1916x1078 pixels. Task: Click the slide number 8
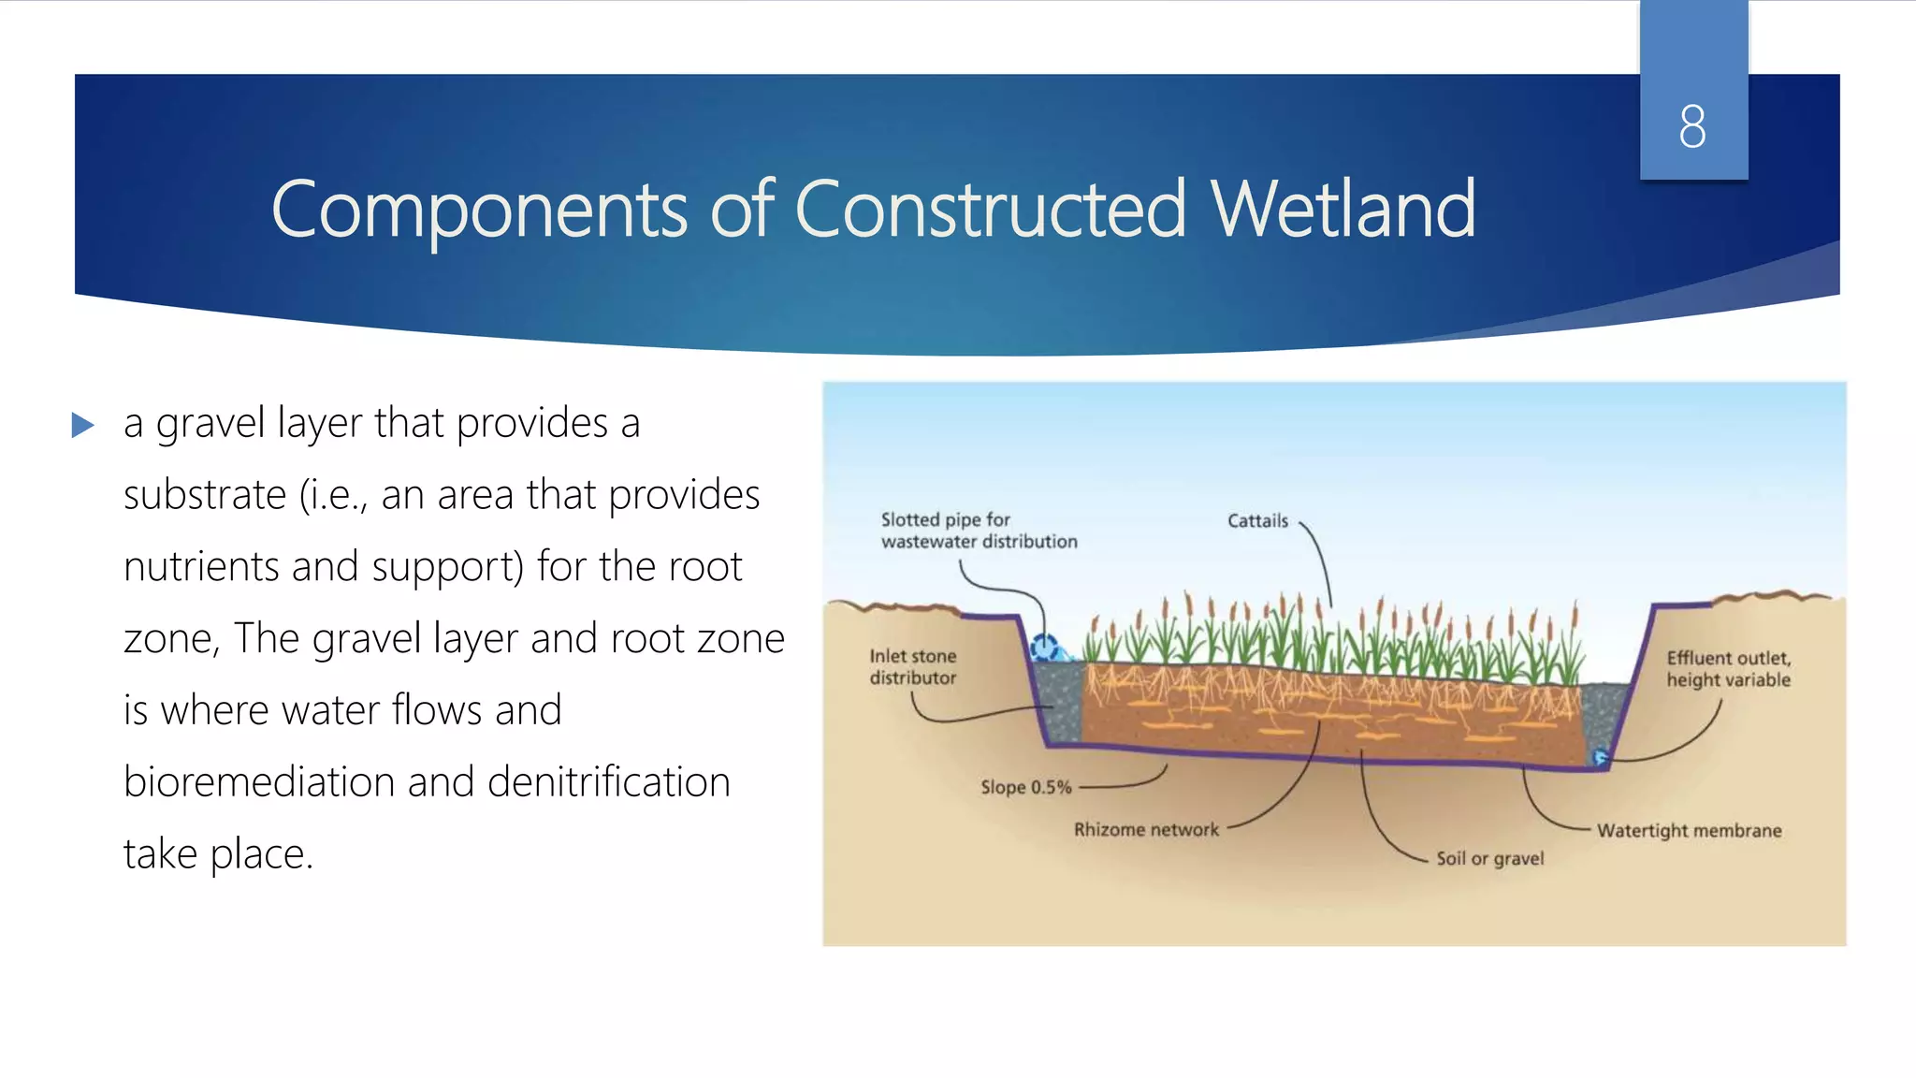tap(1691, 126)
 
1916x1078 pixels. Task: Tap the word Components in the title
tap(479, 211)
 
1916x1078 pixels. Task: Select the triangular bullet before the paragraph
tap(83, 426)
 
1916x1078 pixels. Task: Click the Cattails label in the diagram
tap(1257, 521)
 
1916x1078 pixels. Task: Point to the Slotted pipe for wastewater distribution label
tap(978, 531)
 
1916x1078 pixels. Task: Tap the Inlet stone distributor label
tap(913, 666)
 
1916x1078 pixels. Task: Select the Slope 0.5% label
tap(1025, 787)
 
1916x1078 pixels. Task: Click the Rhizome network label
tap(1146, 829)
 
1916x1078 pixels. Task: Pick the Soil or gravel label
tap(1489, 858)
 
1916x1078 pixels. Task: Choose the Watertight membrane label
tap(1689, 830)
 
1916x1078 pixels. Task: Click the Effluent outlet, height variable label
tap(1728, 669)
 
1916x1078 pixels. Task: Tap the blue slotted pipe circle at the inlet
tap(1044, 647)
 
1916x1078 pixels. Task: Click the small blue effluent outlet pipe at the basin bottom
tap(1601, 756)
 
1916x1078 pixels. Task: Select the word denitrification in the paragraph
tap(608, 782)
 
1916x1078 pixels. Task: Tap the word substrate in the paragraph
tap(204, 495)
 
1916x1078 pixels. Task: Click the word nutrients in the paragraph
tap(201, 567)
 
